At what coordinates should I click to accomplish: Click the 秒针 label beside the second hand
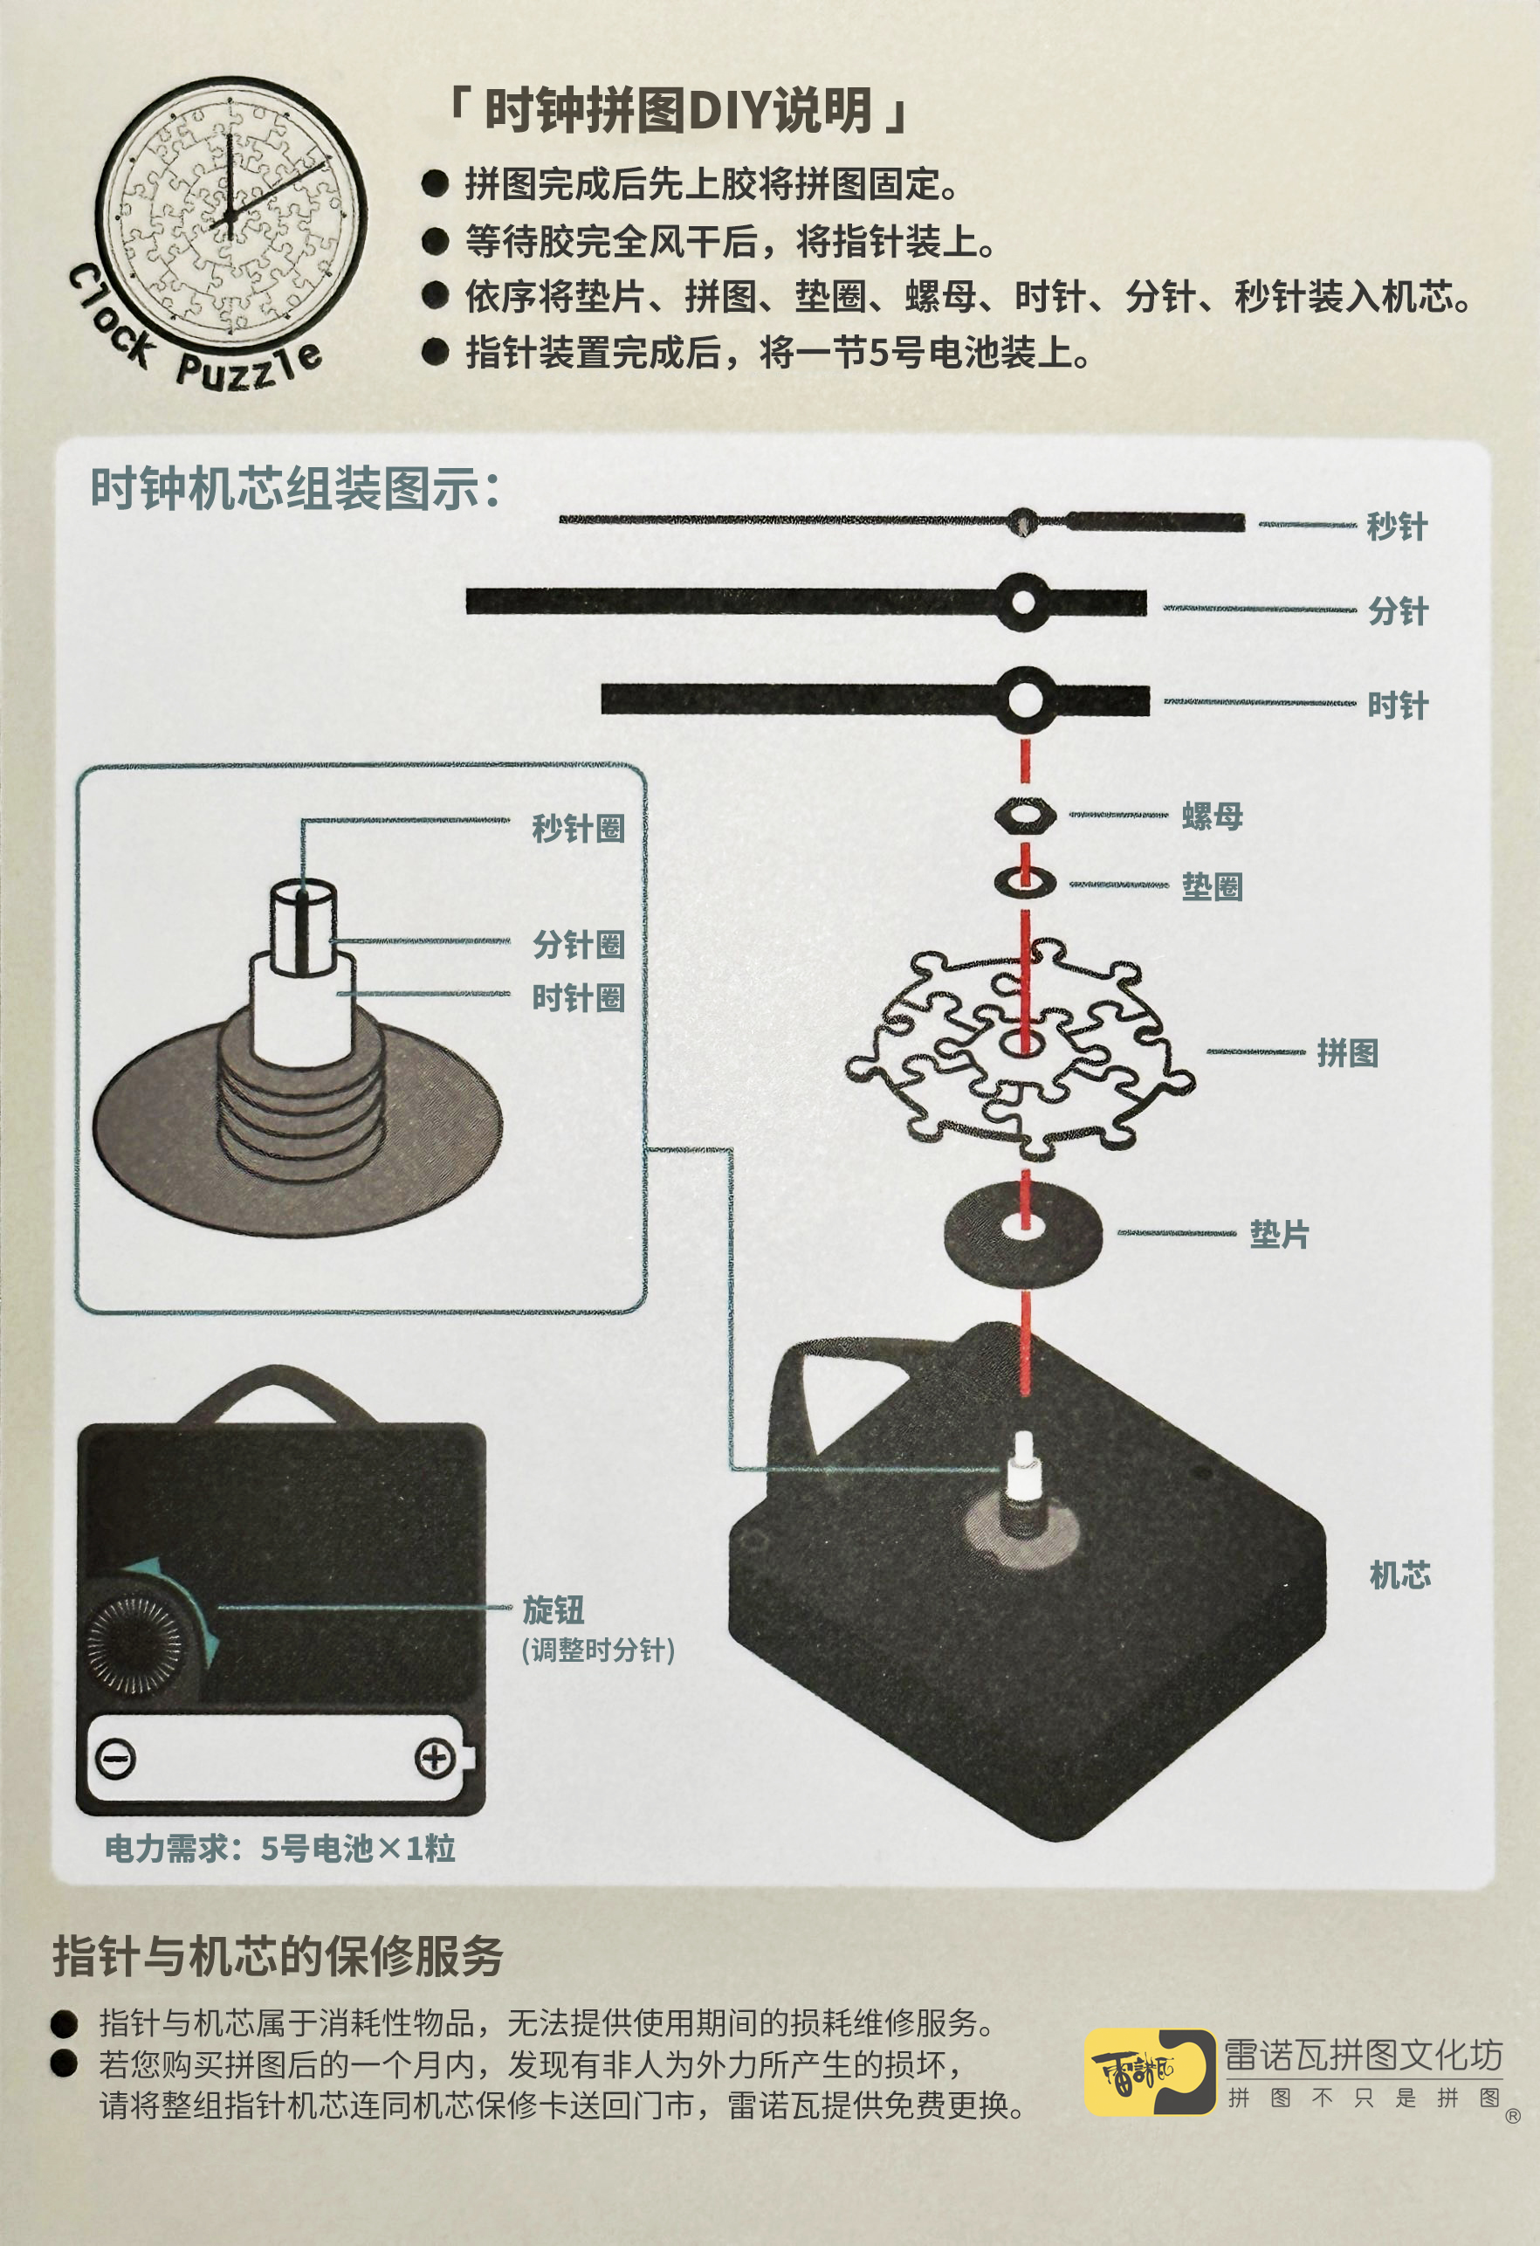[x=1396, y=527]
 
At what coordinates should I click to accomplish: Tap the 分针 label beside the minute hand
[x=1397, y=610]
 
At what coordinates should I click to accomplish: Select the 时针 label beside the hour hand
[x=1397, y=705]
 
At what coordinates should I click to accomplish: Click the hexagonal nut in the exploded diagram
[x=1025, y=816]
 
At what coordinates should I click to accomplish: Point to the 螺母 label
[x=1212, y=816]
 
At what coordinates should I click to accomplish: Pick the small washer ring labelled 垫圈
[x=1025, y=881]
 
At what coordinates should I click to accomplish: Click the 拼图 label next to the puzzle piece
[x=1347, y=1052]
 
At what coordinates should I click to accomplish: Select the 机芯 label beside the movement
[x=1400, y=1574]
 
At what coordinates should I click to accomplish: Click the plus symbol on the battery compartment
[x=435, y=1758]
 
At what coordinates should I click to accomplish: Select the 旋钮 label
[x=553, y=1610]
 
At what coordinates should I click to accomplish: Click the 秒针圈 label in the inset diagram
[x=578, y=828]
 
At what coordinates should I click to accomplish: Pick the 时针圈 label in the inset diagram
[x=578, y=997]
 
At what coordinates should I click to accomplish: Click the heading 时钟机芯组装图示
[x=295, y=488]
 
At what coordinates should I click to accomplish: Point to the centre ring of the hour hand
[x=1024, y=698]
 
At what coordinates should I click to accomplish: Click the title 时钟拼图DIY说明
[x=677, y=111]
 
